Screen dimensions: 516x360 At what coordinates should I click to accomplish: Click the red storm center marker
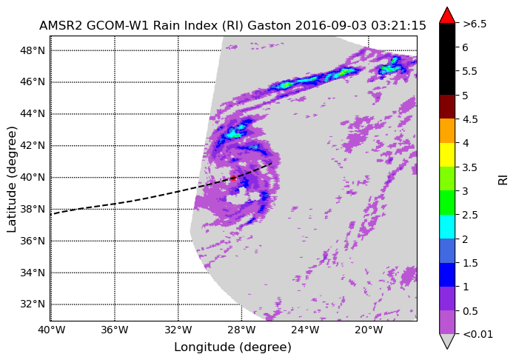(233, 179)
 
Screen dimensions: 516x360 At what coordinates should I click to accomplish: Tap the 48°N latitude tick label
(33, 50)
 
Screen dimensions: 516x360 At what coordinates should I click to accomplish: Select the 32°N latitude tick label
(33, 304)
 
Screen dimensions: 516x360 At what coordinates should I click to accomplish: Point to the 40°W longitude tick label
(51, 330)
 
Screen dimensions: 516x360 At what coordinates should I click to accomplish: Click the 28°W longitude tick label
(241, 330)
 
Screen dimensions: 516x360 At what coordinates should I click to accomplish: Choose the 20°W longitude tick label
(369, 330)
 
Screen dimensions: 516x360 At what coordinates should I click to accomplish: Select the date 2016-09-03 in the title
(331, 26)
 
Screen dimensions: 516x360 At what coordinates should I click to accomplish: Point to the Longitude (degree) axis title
(232, 347)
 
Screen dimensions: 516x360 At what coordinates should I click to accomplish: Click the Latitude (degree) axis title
(12, 179)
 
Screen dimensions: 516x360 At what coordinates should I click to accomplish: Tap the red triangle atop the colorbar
(447, 16)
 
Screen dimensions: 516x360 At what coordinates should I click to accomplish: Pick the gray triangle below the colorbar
(447, 341)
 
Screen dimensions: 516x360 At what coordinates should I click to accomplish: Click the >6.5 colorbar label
(475, 24)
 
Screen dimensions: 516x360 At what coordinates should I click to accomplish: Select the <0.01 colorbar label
(478, 335)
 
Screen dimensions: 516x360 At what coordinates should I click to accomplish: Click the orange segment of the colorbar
(447, 131)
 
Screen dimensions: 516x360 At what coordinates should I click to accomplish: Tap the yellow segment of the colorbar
(447, 155)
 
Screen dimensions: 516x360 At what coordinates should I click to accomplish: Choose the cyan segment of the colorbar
(447, 227)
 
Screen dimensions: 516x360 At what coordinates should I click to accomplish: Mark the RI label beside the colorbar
(503, 180)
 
